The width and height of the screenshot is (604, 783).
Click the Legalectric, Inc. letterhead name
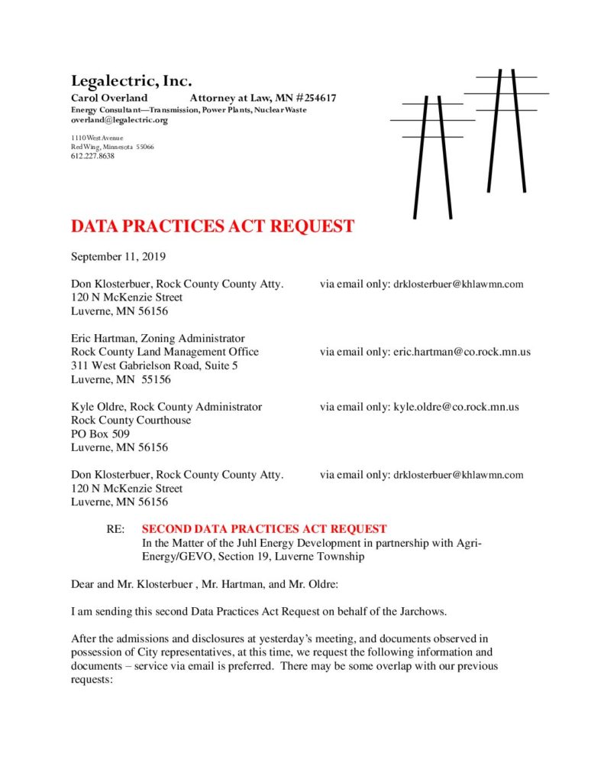[x=131, y=80]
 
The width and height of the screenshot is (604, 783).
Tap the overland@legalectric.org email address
[x=119, y=120]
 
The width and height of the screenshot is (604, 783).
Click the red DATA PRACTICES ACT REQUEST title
[x=212, y=226]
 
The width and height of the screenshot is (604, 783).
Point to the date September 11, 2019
[x=118, y=256]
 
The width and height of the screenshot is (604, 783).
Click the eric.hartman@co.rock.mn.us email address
[x=461, y=352]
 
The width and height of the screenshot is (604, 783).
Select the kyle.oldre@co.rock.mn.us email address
[x=456, y=407]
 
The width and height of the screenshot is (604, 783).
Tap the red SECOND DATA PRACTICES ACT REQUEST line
[x=264, y=529]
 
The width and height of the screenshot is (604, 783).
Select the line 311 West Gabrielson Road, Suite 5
[x=154, y=366]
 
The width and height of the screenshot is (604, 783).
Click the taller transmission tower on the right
[x=506, y=130]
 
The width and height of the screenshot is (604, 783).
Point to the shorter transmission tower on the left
[x=432, y=157]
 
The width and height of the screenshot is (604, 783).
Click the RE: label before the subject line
[x=115, y=529]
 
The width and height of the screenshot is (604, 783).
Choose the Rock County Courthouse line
[x=131, y=420]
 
